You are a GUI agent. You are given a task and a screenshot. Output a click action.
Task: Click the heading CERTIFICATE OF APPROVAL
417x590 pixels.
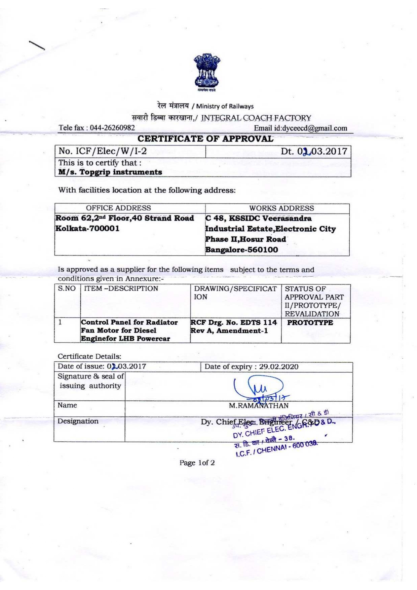point(205,139)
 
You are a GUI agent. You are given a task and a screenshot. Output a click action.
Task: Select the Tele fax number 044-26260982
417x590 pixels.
point(112,128)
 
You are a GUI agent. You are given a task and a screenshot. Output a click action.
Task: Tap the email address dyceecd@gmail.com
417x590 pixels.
point(314,128)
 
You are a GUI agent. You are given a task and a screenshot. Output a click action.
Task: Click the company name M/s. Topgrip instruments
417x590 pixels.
point(110,172)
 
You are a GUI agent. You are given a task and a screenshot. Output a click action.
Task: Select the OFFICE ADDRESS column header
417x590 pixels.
point(118,208)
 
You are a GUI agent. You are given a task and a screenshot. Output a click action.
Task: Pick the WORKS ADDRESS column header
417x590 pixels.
point(281,208)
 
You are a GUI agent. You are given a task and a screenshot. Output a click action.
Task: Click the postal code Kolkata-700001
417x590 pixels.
point(87,229)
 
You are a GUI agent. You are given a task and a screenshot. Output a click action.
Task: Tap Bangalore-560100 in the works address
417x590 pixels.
point(241,250)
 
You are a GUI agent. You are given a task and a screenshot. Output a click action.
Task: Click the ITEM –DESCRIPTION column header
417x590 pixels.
point(121,288)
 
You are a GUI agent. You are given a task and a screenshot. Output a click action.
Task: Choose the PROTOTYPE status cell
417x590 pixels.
point(310,323)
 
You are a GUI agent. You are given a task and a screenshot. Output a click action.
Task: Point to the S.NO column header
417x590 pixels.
point(67,288)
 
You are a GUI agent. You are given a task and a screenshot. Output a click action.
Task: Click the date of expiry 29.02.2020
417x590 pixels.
point(278,367)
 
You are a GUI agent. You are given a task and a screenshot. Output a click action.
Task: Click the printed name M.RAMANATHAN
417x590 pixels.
point(258,406)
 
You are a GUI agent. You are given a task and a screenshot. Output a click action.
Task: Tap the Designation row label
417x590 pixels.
point(78,421)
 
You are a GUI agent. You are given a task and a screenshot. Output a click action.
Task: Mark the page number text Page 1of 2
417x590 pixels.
point(197,463)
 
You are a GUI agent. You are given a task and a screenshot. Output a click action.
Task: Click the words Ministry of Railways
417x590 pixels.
point(225,106)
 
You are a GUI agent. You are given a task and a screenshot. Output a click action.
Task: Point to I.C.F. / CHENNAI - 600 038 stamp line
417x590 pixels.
point(276,449)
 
